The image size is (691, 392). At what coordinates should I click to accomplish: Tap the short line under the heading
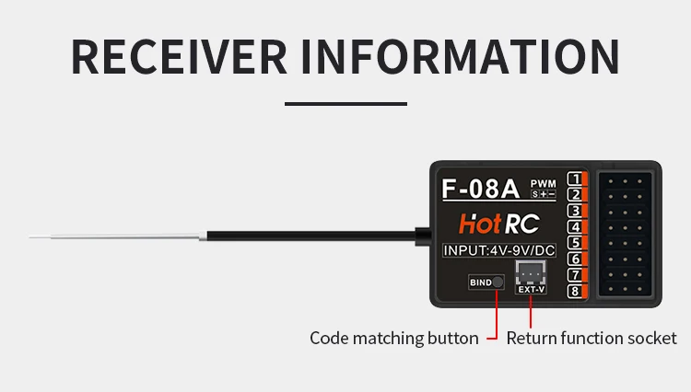coord(345,104)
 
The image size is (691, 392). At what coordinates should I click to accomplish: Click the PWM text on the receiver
coord(544,183)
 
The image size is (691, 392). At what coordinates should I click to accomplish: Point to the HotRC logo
coord(499,223)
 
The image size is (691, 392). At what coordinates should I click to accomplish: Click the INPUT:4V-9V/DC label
coord(498,249)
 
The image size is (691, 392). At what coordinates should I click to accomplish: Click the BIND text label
coord(481,282)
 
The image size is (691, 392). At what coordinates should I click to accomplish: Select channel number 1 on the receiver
coord(574,179)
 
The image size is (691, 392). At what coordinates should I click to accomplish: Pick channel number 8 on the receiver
coord(574,292)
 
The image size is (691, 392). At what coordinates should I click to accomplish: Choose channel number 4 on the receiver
coord(574,227)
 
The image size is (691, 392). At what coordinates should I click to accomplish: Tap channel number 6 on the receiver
coord(574,259)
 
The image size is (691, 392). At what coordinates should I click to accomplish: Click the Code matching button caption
coord(393,338)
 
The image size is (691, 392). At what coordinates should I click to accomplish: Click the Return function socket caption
coord(591,338)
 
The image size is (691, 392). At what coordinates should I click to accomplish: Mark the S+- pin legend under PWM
coord(544,194)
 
